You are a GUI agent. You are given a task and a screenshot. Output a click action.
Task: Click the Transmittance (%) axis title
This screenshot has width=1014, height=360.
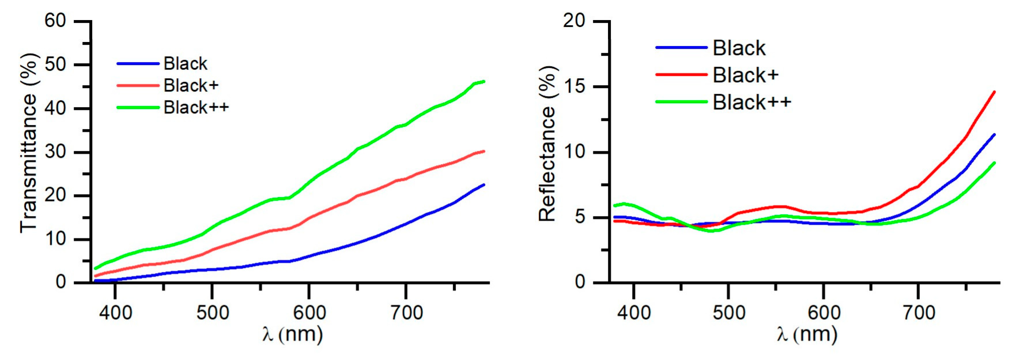(x=28, y=144)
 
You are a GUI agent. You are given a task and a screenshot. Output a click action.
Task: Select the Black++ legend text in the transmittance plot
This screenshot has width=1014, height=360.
(x=196, y=107)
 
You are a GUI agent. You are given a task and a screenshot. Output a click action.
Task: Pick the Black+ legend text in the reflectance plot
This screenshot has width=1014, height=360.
(x=746, y=75)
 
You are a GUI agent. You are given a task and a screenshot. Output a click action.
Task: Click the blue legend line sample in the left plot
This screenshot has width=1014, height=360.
(x=138, y=63)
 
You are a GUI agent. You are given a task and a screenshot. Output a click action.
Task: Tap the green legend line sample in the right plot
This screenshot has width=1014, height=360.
(x=681, y=102)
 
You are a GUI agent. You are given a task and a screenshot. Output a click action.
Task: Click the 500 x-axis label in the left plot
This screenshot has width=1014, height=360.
(x=213, y=313)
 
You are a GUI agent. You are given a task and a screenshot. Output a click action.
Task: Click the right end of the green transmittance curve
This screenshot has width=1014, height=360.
(x=484, y=82)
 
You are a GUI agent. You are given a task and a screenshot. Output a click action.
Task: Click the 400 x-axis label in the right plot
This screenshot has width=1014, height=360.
(x=634, y=313)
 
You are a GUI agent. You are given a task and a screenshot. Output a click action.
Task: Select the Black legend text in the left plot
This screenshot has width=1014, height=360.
(x=185, y=63)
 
